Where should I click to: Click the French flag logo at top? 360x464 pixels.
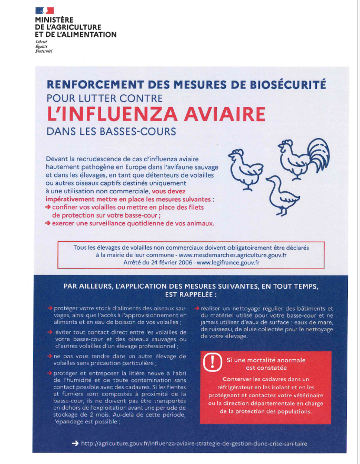click(x=44, y=10)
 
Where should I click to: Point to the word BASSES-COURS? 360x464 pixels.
click(x=142, y=131)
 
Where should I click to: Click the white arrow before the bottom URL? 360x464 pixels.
click(x=74, y=443)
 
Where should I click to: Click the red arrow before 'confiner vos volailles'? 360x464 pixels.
click(x=48, y=208)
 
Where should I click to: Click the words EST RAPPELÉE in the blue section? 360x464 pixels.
click(x=191, y=295)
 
